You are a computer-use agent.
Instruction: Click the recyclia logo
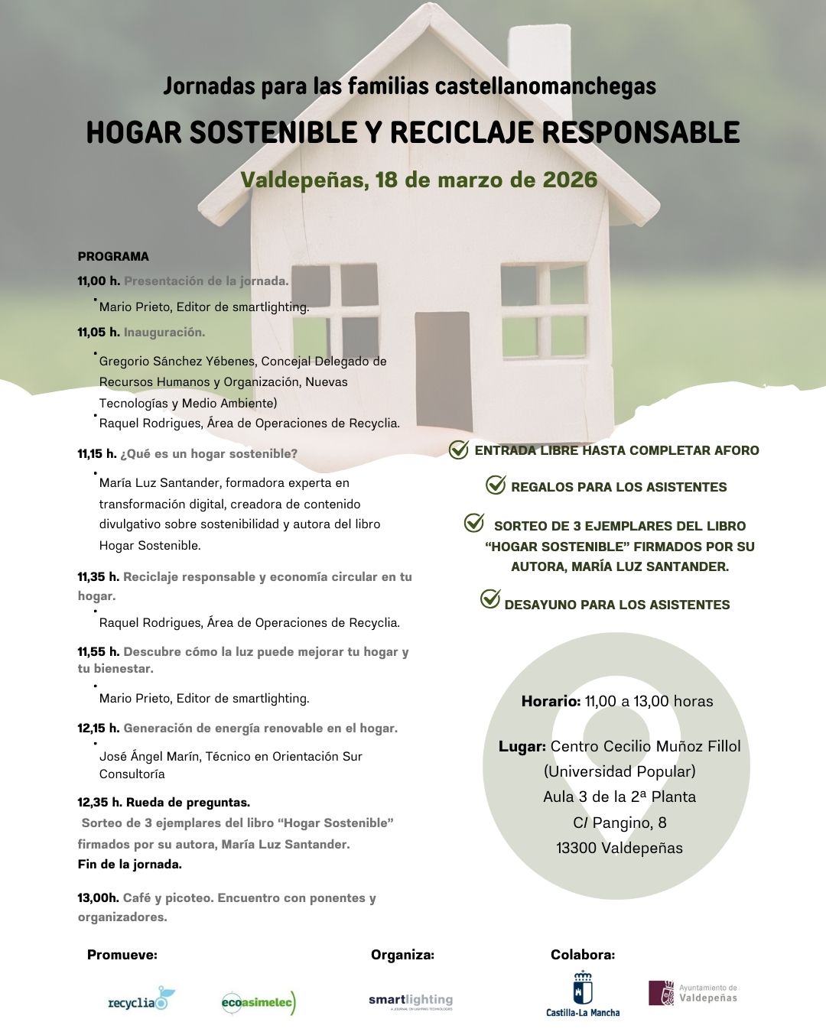point(141,1000)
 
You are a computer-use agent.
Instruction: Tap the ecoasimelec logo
point(258,1001)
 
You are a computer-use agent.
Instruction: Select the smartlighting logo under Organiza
point(411,1001)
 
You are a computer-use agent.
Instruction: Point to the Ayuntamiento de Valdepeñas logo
point(693,993)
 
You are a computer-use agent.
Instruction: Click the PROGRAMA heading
point(113,257)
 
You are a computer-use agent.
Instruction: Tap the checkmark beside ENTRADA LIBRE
point(458,449)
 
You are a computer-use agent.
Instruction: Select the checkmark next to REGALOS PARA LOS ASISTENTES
point(496,485)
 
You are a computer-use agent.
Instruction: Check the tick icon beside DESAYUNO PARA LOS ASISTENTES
point(490,599)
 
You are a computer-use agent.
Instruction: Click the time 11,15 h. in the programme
point(96,454)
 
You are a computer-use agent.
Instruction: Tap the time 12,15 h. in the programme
point(98,729)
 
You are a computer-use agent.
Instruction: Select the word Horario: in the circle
point(551,702)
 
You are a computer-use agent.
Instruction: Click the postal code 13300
point(576,849)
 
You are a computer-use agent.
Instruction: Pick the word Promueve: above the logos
point(122,955)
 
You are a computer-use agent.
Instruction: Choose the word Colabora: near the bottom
point(583,955)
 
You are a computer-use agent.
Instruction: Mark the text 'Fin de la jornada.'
point(130,865)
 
